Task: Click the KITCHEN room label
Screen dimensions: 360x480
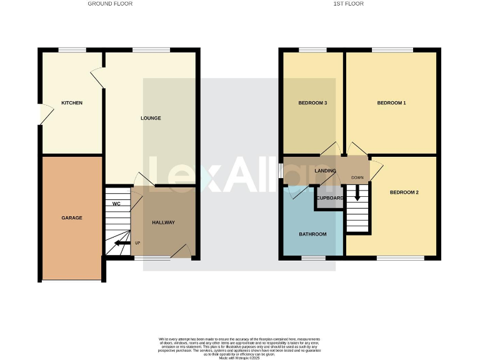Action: pyautogui.click(x=72, y=103)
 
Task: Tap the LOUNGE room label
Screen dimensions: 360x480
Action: pyautogui.click(x=151, y=118)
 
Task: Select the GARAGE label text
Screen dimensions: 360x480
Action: pyautogui.click(x=72, y=218)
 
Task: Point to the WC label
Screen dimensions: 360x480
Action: pyautogui.click(x=116, y=204)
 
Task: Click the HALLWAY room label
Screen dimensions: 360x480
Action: pyautogui.click(x=164, y=222)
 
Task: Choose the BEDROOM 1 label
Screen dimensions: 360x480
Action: pyautogui.click(x=392, y=103)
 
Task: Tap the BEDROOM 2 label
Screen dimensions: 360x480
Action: pyautogui.click(x=404, y=192)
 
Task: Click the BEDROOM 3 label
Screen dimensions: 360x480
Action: pyautogui.click(x=313, y=103)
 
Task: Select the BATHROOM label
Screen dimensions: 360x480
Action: pyautogui.click(x=312, y=234)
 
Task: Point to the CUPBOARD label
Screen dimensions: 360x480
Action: pyautogui.click(x=329, y=198)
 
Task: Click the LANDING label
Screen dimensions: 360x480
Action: pyautogui.click(x=326, y=171)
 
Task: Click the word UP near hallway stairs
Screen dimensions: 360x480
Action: pyautogui.click(x=137, y=243)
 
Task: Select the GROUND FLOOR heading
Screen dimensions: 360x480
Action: pyautogui.click(x=110, y=4)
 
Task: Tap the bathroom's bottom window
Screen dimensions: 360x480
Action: pyautogui.click(x=313, y=257)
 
